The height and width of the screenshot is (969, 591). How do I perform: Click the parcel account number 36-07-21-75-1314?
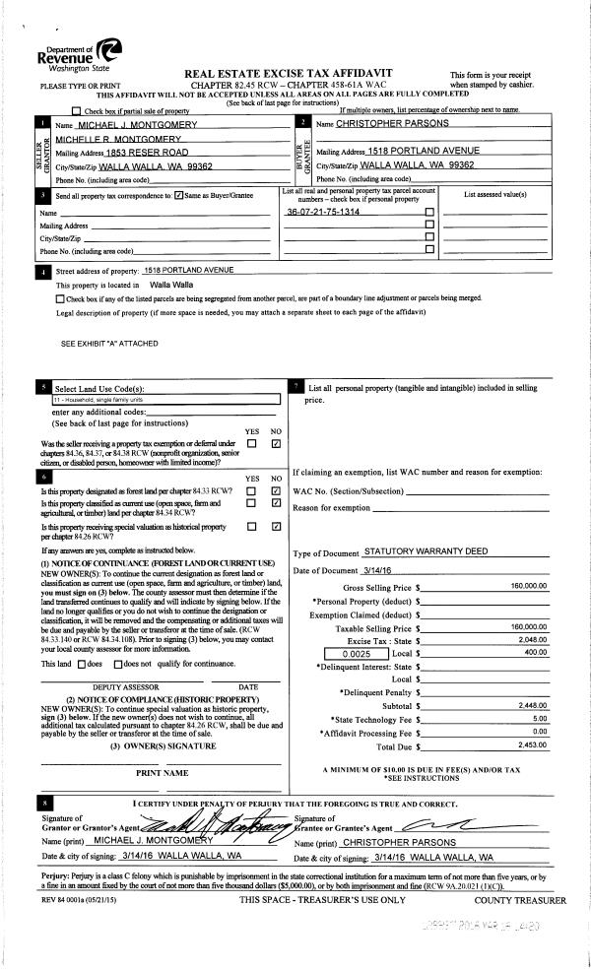(x=322, y=213)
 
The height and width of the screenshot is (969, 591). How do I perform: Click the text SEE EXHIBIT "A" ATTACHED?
(x=109, y=344)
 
